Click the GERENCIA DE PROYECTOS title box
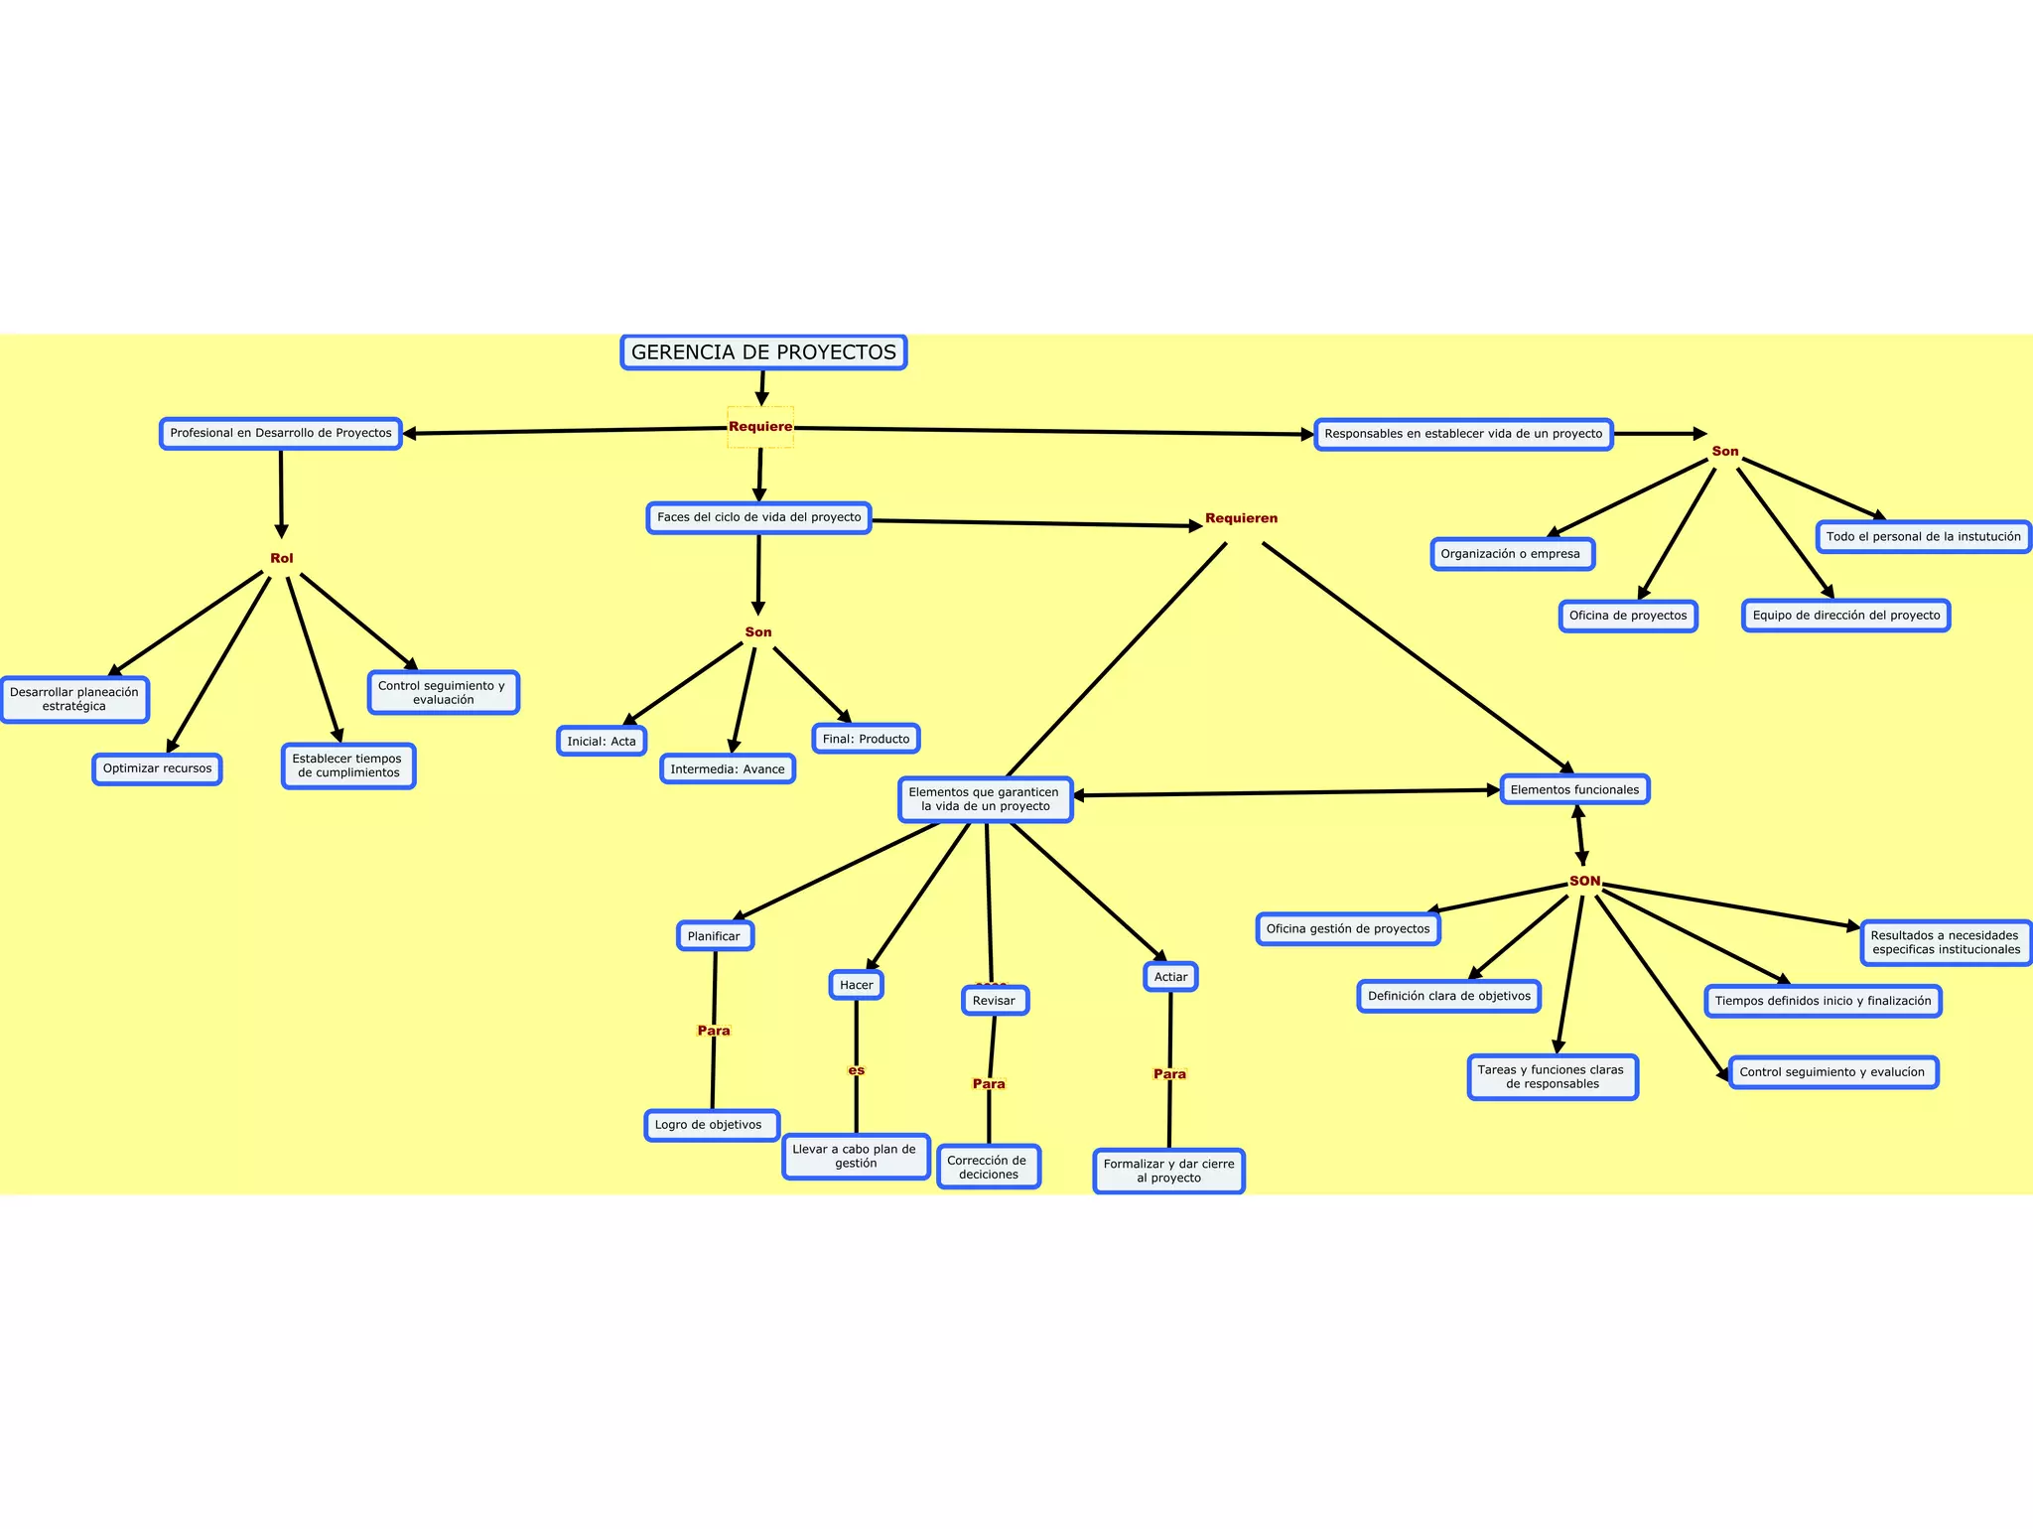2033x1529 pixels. pyautogui.click(x=763, y=352)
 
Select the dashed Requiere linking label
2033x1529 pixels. pyautogui.click(x=760, y=427)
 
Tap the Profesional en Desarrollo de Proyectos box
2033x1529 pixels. pyautogui.click(x=281, y=434)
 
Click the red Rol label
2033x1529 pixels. pyautogui.click(x=282, y=558)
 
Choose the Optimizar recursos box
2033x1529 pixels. pyautogui.click(x=158, y=769)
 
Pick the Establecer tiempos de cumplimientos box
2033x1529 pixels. pyautogui.click(x=348, y=766)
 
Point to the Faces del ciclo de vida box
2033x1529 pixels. pyautogui.click(x=759, y=518)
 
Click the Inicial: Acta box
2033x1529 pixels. pyautogui.click(x=602, y=742)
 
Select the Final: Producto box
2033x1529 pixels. pyautogui.click(x=867, y=740)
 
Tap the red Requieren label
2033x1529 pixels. pyautogui.click(x=1241, y=518)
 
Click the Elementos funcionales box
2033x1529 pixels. pyautogui.click(x=1574, y=790)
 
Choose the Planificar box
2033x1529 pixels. pyautogui.click(x=715, y=936)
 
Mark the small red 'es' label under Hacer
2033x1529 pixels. pyautogui.click(x=857, y=1070)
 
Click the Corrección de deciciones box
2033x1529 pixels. pyautogui.click(x=989, y=1168)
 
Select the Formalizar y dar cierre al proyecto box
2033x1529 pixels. pyautogui.click(x=1169, y=1172)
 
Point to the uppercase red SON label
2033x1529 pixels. pyautogui.click(x=1584, y=882)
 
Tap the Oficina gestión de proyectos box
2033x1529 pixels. pyautogui.click(x=1348, y=929)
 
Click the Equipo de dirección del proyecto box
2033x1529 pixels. pyautogui.click(x=1846, y=616)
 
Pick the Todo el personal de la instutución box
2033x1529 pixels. pyautogui.click(x=1924, y=537)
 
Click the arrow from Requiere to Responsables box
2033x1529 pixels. pyautogui.click(x=1052, y=432)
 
